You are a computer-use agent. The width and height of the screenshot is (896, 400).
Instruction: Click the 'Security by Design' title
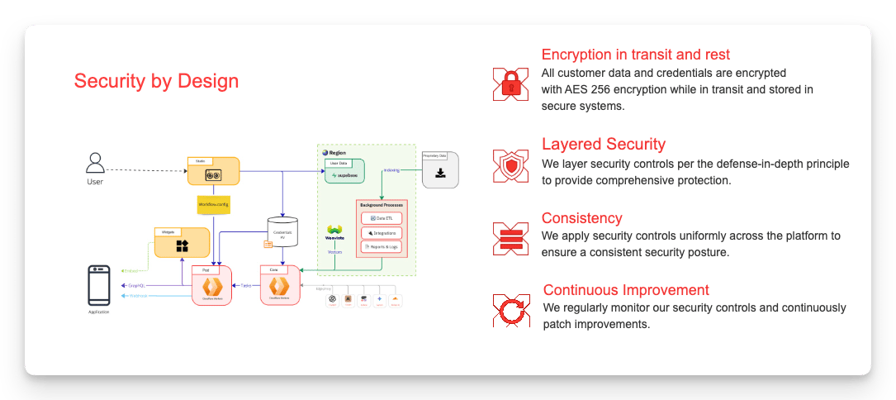point(156,81)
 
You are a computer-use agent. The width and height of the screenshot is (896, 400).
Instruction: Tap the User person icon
point(95,162)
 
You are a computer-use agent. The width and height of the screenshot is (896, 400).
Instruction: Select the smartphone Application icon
point(99,284)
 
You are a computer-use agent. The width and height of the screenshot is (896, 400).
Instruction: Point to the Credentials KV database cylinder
point(283,232)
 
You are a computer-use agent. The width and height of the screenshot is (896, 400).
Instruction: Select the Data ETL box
point(381,217)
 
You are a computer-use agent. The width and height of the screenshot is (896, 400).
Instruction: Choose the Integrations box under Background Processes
point(381,232)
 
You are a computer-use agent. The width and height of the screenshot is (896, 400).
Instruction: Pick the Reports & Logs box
point(381,246)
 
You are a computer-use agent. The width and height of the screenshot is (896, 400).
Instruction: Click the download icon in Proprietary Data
point(440,173)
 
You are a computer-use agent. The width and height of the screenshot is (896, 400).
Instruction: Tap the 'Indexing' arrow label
point(391,170)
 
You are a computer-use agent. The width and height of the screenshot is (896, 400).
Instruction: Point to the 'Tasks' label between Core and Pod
point(245,284)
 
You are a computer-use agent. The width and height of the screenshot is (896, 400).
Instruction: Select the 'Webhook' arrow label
point(137,295)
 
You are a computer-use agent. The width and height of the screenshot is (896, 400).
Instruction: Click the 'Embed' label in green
point(130,269)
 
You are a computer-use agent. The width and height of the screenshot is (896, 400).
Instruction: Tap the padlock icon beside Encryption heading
point(510,83)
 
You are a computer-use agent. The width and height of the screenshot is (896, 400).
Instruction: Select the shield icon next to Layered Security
point(510,165)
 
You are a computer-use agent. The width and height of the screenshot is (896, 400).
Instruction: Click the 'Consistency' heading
point(581,218)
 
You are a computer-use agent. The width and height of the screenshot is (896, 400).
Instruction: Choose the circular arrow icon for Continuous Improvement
point(510,311)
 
